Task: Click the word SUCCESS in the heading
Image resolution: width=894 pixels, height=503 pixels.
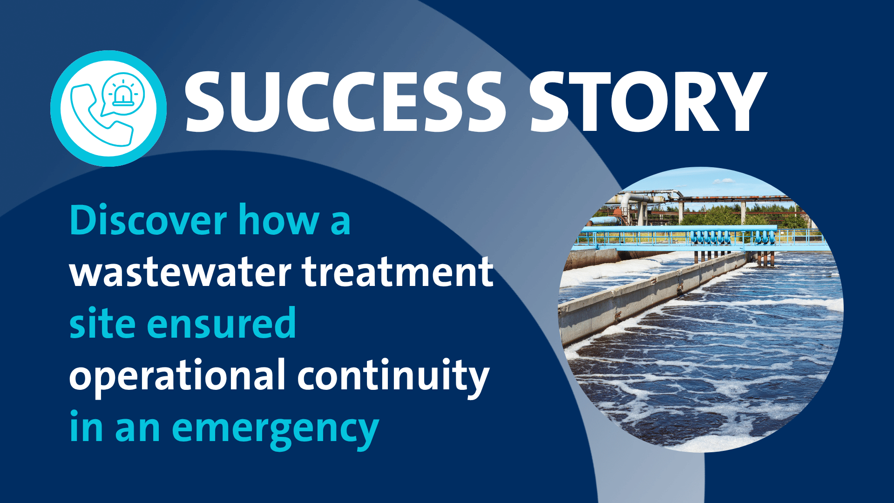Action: point(345,102)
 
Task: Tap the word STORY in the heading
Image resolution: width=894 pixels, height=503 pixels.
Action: point(648,102)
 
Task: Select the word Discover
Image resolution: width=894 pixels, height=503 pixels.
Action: point(148,220)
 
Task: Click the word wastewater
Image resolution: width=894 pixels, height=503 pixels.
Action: point(180,272)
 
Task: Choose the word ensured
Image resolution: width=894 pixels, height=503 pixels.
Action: point(221,323)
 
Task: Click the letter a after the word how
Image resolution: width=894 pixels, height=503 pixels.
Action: point(340,224)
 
